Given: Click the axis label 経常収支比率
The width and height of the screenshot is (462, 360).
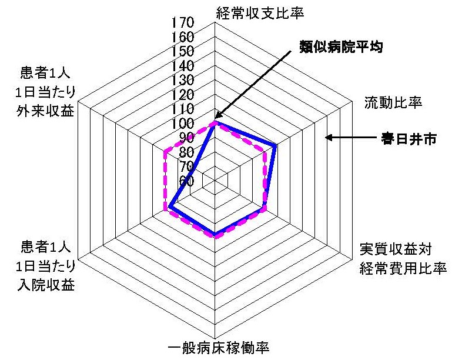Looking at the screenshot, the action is point(260,13).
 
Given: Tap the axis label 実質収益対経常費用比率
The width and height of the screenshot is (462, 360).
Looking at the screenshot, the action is point(403,258).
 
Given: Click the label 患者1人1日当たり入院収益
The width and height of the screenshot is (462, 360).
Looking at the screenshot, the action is point(46,265).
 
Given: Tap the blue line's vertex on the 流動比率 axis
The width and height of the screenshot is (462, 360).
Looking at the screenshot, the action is point(275,145).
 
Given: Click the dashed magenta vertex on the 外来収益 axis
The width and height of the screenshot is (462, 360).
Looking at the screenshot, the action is point(165,152).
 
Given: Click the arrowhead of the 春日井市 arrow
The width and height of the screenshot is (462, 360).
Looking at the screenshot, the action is point(327,138).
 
